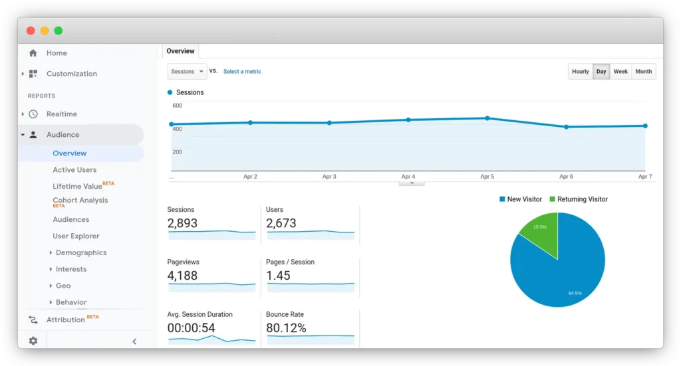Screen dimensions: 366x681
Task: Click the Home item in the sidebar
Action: [x=56, y=53]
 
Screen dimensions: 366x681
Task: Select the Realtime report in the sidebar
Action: [x=61, y=114]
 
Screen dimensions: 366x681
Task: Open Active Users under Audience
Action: [x=74, y=170]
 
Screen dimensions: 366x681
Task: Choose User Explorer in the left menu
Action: [x=76, y=236]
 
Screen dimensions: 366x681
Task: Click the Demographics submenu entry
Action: [x=80, y=252]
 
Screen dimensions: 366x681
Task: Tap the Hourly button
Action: [x=580, y=72]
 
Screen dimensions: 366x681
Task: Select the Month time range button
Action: [x=643, y=72]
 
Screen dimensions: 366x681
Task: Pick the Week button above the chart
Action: [x=620, y=72]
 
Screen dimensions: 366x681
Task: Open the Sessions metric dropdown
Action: [x=187, y=72]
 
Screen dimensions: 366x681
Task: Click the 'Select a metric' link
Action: [x=242, y=72]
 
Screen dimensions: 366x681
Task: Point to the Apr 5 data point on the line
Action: [x=487, y=118]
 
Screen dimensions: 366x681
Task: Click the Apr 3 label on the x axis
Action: [x=329, y=177]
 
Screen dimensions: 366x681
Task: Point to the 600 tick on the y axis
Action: [x=177, y=106]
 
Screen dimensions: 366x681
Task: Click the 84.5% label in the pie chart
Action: [x=575, y=292]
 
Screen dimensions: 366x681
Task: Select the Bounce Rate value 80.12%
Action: [x=286, y=328]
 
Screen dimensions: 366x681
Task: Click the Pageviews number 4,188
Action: [x=182, y=276]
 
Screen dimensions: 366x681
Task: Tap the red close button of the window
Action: [x=31, y=31]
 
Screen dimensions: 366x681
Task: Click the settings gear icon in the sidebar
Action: [x=33, y=341]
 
